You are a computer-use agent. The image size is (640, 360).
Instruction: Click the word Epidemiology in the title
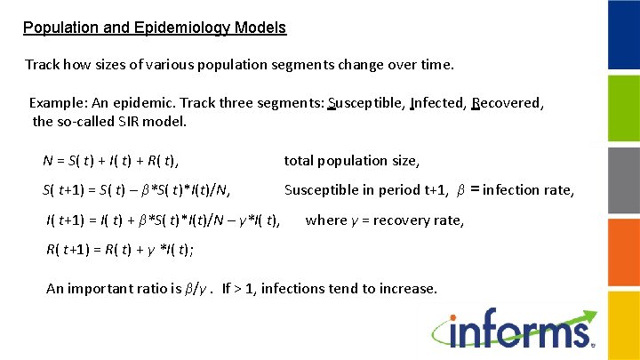pos(186,28)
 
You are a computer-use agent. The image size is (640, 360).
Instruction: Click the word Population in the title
pos(58,28)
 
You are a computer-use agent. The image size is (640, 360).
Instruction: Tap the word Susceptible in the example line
pos(364,103)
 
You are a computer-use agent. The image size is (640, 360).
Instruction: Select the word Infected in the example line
pos(436,103)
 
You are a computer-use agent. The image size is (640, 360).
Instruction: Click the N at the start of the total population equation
pos(48,161)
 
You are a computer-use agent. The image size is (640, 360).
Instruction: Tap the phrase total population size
pos(351,161)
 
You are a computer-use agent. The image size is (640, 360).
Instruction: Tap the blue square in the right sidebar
pos(622,35)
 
